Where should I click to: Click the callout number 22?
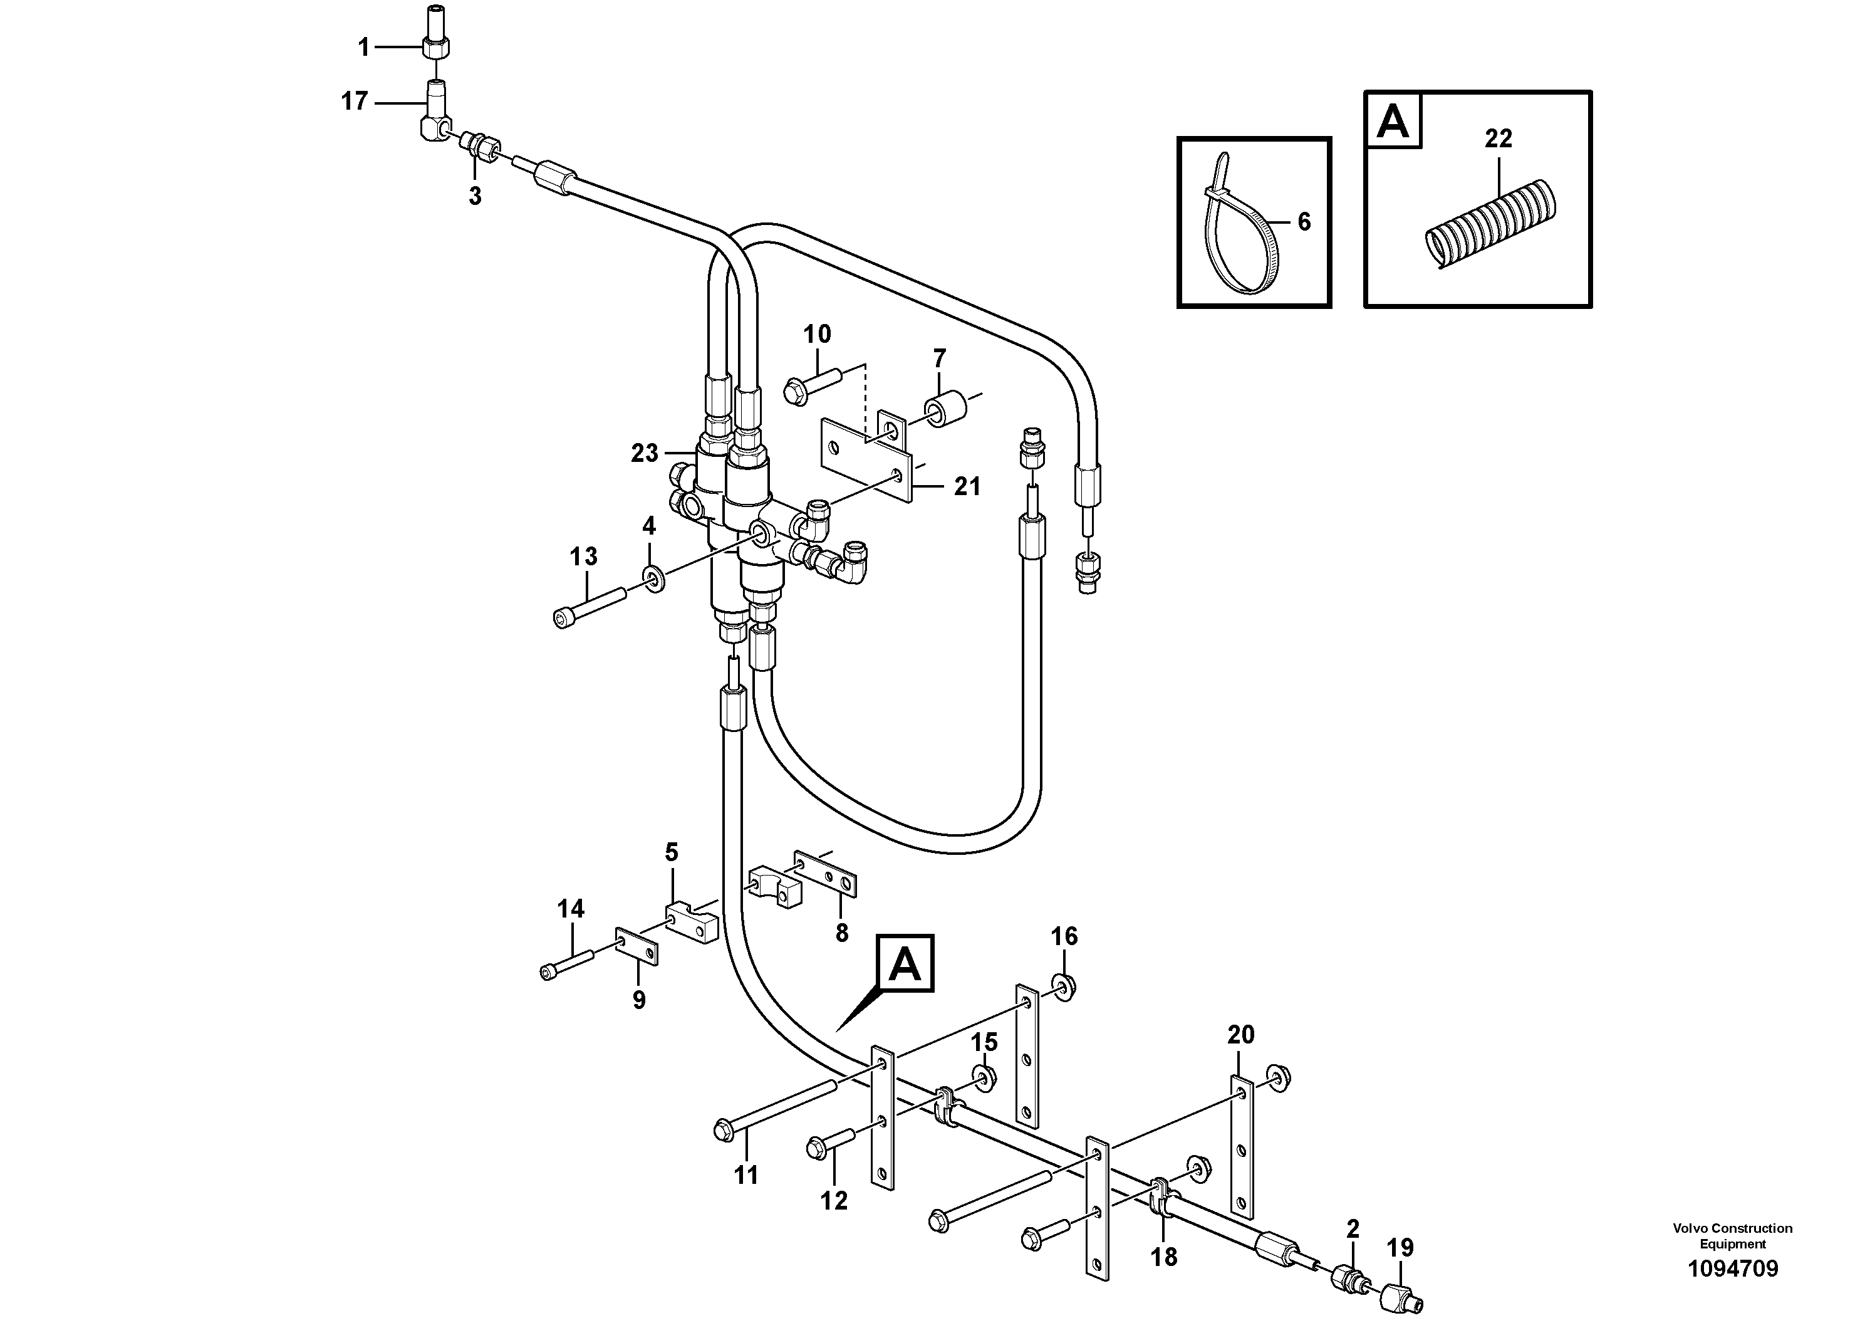pyautogui.click(x=1498, y=139)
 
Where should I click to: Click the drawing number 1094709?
pyautogui.click(x=1733, y=1268)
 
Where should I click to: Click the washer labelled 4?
pyautogui.click(x=653, y=580)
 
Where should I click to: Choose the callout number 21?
pyautogui.click(x=967, y=487)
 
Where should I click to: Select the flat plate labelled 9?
pyautogui.click(x=637, y=946)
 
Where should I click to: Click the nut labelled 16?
pyautogui.click(x=1065, y=986)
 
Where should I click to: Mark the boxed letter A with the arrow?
pyautogui.click(x=905, y=964)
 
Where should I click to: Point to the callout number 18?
pyautogui.click(x=1164, y=1257)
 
